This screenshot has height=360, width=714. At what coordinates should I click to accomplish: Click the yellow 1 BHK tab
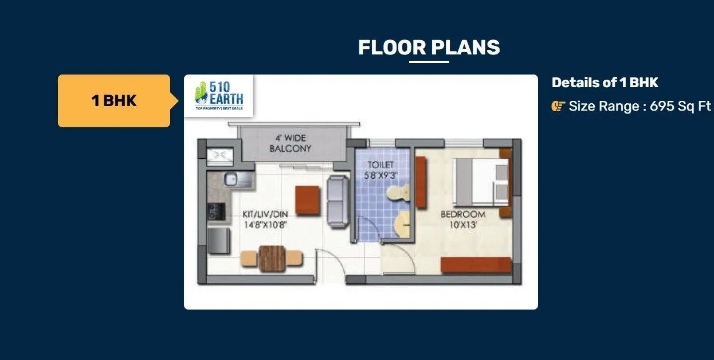point(114,101)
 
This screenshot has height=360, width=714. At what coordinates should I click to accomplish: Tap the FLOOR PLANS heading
point(429,48)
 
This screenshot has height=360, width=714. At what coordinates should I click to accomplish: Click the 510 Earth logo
point(218,96)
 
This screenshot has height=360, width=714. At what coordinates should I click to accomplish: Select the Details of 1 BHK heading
point(605,83)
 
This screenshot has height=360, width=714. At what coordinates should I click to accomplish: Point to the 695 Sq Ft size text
point(680,107)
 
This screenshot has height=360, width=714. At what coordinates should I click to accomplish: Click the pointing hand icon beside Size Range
point(558,107)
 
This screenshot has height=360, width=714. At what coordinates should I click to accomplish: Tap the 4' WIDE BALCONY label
point(290,143)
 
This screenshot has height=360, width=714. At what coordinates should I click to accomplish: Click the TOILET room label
point(380,165)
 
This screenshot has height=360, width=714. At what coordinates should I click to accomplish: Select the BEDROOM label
point(462,214)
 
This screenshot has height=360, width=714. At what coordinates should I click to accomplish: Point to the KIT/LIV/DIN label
point(264,214)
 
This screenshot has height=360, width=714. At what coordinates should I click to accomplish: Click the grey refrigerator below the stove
point(218,240)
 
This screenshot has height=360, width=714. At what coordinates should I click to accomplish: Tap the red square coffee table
point(307,200)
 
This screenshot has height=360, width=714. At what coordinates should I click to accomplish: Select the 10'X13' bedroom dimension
point(463,225)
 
